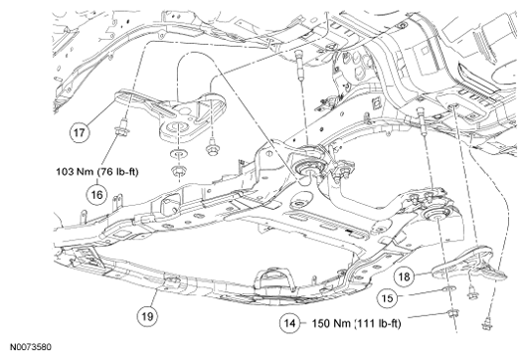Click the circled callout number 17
coord(80,132)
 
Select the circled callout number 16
coord(96,195)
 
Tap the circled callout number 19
coord(147,316)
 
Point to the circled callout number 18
coord(404,276)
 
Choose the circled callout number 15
coord(387,298)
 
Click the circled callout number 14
coord(289,323)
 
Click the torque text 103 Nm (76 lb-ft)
coord(97,172)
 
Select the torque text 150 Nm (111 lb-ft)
coord(357,323)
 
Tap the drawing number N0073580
coord(31,347)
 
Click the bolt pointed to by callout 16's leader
coord(120,128)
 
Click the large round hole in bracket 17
coord(178,128)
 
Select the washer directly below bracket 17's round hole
coord(178,153)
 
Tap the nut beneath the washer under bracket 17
coord(178,171)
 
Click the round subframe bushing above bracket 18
coord(437,215)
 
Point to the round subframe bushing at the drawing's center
coord(309,167)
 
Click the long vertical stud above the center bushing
coord(299,65)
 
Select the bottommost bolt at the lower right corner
coord(485,325)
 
